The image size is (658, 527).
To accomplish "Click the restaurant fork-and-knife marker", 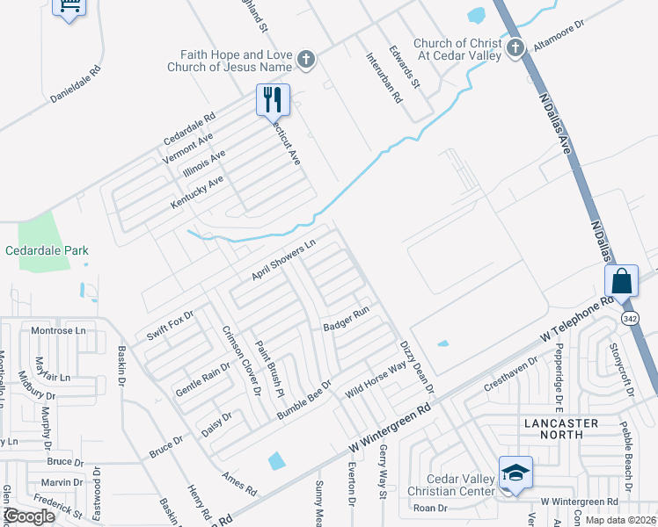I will pyautogui.click(x=273, y=99).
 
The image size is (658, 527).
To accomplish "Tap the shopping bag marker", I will pyautogui.click(x=621, y=281).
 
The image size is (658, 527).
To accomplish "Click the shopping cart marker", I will pyautogui.click(x=69, y=7).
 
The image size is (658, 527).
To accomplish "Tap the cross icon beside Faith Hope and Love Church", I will pyautogui.click(x=306, y=60).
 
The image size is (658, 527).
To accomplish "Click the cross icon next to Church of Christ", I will pyautogui.click(x=515, y=49).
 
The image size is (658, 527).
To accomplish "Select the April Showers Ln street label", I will pyautogui.click(x=283, y=262).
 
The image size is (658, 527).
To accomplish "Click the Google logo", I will pyautogui.click(x=29, y=516).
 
